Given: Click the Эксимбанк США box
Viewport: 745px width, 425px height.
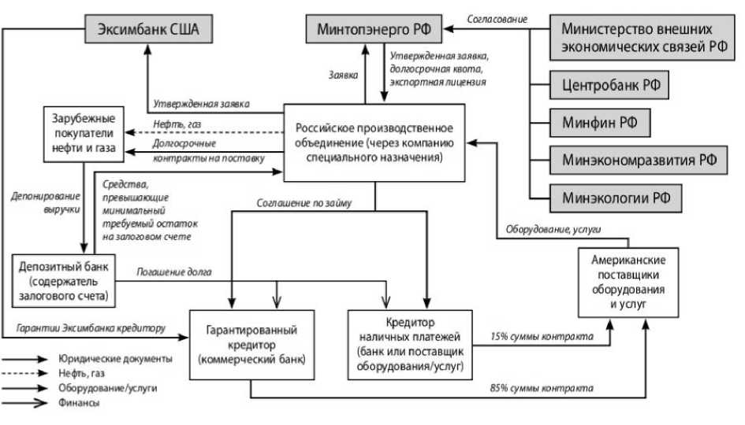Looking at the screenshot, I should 148,31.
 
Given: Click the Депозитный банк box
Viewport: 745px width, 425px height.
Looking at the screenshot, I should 65,279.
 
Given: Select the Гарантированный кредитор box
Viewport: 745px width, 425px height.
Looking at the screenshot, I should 249,344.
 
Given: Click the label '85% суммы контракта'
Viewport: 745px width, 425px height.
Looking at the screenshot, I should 542,388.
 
